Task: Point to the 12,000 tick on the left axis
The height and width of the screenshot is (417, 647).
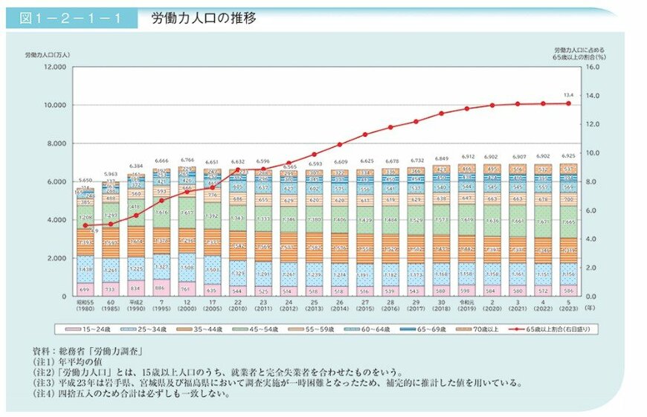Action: pos(55,67)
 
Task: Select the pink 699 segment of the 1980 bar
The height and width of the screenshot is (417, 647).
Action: pos(86,288)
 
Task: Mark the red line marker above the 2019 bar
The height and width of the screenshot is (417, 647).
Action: pos(466,109)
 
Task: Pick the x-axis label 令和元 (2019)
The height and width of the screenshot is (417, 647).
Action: pos(466,304)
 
